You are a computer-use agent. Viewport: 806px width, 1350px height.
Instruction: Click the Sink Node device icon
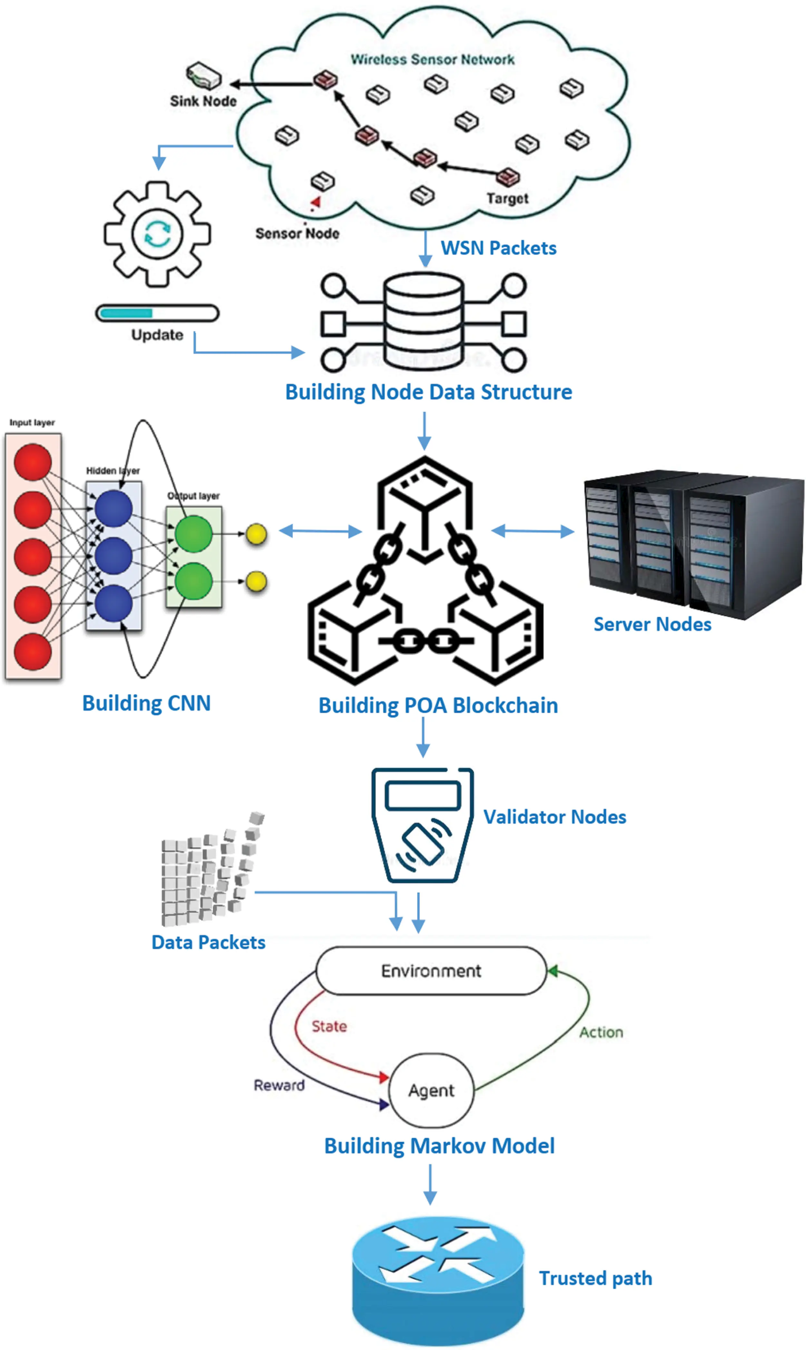pos(204,76)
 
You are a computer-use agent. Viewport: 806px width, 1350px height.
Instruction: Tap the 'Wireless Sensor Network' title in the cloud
pos(432,59)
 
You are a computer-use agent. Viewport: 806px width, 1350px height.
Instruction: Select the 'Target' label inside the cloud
pos(507,199)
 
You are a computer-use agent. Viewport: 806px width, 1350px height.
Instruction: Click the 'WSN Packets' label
pos(498,248)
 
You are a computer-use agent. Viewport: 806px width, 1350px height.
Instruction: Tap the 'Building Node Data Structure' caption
pos(428,392)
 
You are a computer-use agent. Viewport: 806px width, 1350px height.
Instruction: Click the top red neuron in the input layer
pos(33,462)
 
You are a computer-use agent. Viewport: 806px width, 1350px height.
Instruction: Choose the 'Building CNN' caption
pos(146,703)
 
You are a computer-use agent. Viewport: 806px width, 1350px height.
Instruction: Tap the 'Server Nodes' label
pos(652,624)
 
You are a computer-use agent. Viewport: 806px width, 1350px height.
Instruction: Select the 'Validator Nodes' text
pos(555,817)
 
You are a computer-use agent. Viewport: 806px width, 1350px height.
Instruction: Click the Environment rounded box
pos(431,971)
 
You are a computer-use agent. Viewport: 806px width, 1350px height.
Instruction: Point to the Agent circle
pos(431,1091)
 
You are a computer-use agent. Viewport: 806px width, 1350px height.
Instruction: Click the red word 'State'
pos(329,1026)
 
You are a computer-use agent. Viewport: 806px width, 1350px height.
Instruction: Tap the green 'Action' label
pos(601,1032)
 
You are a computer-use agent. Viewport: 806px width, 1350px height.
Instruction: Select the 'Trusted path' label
pos(595,1278)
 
